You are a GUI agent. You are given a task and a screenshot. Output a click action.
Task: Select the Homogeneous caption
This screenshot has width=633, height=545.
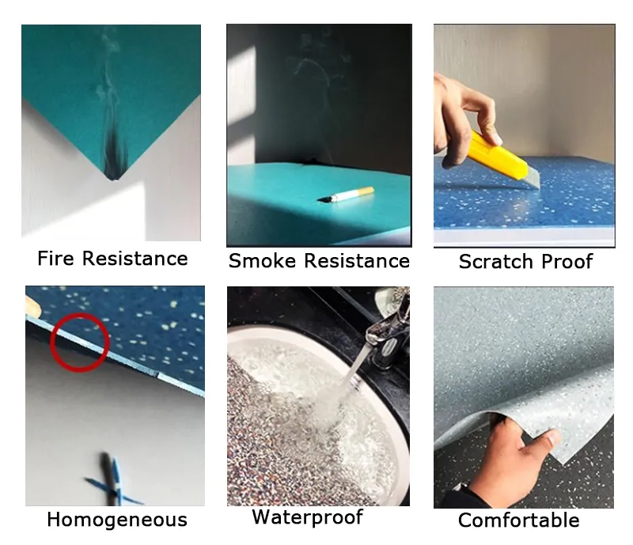pyautogui.click(x=117, y=520)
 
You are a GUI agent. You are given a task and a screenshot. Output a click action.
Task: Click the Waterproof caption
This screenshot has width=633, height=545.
pyautogui.click(x=307, y=517)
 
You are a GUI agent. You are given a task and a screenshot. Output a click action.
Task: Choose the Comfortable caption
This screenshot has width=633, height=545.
pyautogui.click(x=518, y=520)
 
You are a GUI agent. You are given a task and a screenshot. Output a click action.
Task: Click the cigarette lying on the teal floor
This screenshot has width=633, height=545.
pyautogui.click(x=348, y=195)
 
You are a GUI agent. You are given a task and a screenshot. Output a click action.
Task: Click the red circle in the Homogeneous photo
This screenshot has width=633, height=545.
pyautogui.click(x=79, y=342)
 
